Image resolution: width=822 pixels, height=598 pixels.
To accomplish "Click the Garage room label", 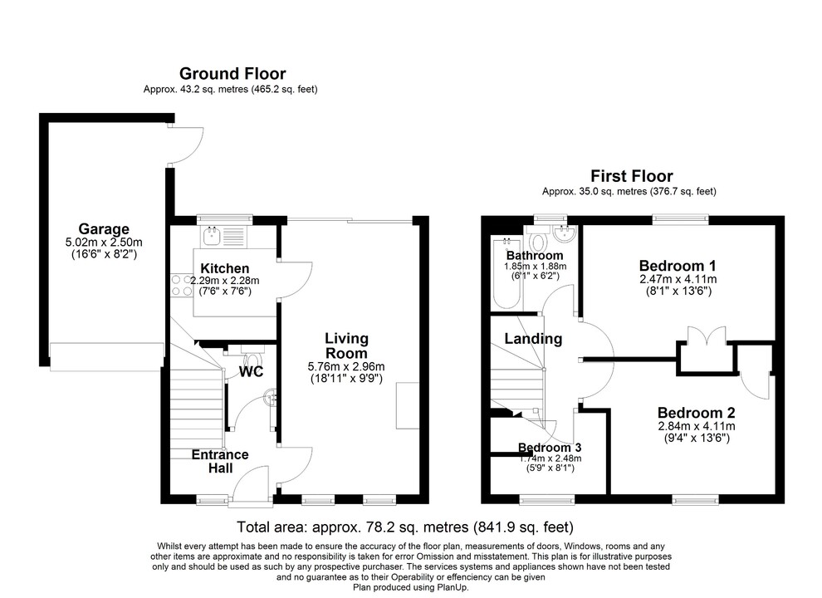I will [x=104, y=228].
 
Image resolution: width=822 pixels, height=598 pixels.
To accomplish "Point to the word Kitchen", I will [x=224, y=268].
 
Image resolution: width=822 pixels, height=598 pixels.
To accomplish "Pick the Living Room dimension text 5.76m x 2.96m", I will [x=346, y=366].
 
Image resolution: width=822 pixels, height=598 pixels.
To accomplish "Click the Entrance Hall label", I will [x=220, y=462].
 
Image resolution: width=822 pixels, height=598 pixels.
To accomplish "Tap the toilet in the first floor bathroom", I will [x=537, y=242].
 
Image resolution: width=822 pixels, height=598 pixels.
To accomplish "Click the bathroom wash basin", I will [x=564, y=232].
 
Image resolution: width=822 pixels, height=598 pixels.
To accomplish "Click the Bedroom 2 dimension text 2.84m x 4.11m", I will [x=696, y=427].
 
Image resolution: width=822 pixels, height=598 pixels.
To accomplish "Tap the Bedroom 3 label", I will [x=550, y=448].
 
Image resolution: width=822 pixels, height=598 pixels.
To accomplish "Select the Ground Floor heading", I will [x=232, y=74].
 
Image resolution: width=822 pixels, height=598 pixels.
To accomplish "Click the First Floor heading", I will [x=631, y=176].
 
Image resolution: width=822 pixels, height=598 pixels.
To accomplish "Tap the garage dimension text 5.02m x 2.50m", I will [x=104, y=243].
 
